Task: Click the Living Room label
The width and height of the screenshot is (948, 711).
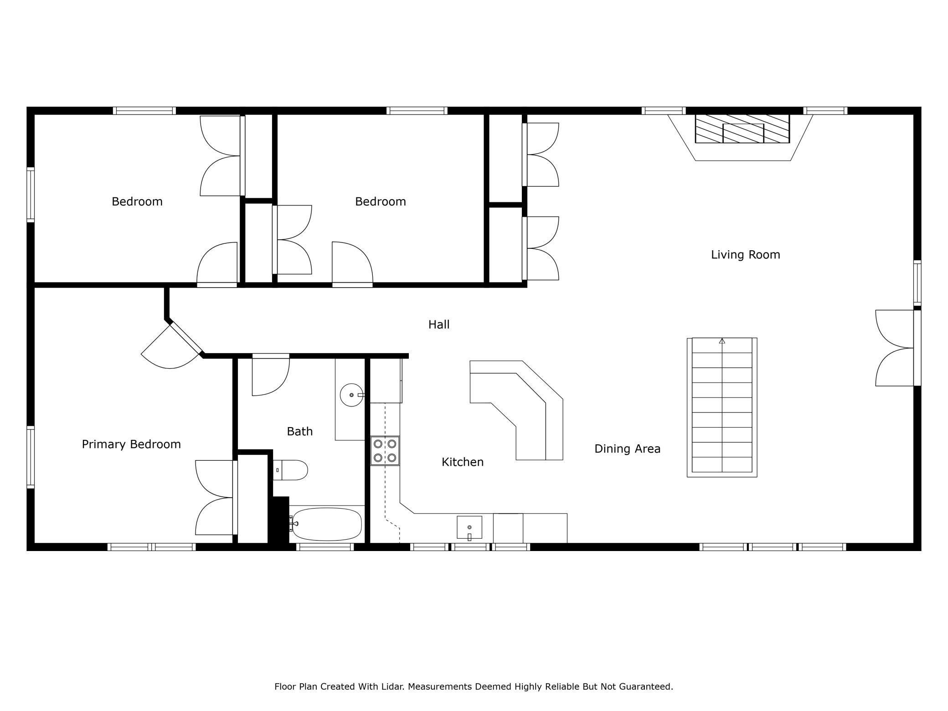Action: (745, 254)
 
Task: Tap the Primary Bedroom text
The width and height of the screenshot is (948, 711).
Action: (131, 444)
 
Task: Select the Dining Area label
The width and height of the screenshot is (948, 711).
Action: (627, 449)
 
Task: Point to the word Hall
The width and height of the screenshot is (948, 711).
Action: (439, 325)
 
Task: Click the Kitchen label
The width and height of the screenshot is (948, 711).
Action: (463, 462)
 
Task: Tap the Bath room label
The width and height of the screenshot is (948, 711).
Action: (300, 431)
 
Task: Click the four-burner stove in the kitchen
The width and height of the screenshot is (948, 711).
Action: (385, 451)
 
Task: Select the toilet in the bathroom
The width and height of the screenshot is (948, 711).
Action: (290, 470)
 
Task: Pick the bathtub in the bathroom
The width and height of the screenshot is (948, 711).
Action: (326, 524)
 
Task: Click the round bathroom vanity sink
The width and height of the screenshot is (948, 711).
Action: (351, 395)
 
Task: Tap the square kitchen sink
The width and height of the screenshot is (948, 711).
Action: (469, 527)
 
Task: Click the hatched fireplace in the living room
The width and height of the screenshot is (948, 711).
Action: (742, 129)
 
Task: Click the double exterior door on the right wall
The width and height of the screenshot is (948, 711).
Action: (896, 348)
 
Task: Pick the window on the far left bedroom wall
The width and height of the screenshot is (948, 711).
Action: (31, 195)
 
